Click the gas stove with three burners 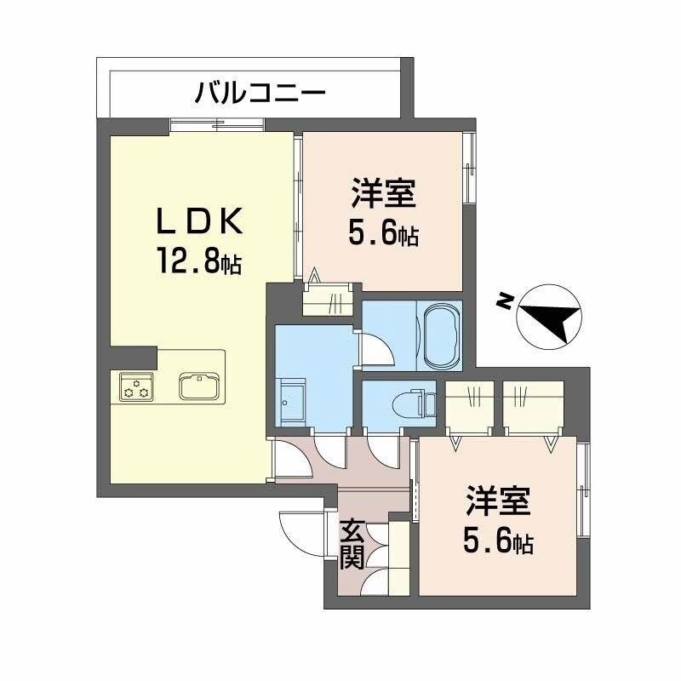coord(136,387)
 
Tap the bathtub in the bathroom coord(440,335)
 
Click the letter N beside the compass coord(505,300)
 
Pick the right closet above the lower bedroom coord(532,406)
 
